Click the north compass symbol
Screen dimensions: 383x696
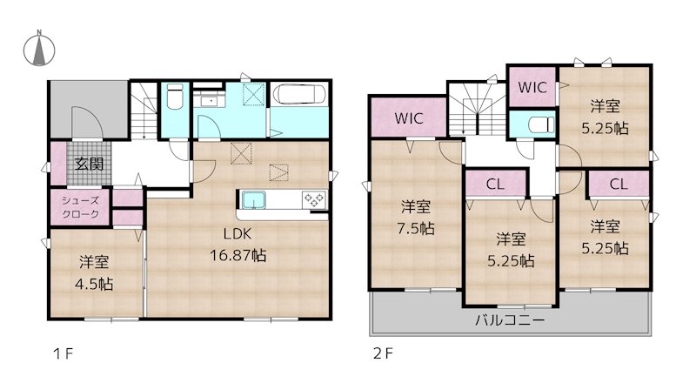pyautogui.click(x=39, y=50)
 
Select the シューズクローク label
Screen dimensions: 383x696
pyautogui.click(x=79, y=206)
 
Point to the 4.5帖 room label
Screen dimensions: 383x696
pyautogui.click(x=94, y=272)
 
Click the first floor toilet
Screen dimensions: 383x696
pyautogui.click(x=173, y=97)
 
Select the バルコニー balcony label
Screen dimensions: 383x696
pyautogui.click(x=510, y=319)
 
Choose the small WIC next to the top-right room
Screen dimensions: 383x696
pyautogui.click(x=532, y=87)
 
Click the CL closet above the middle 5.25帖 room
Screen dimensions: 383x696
pyautogui.click(x=494, y=184)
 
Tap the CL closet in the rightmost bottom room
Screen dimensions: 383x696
pyautogui.click(x=619, y=184)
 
